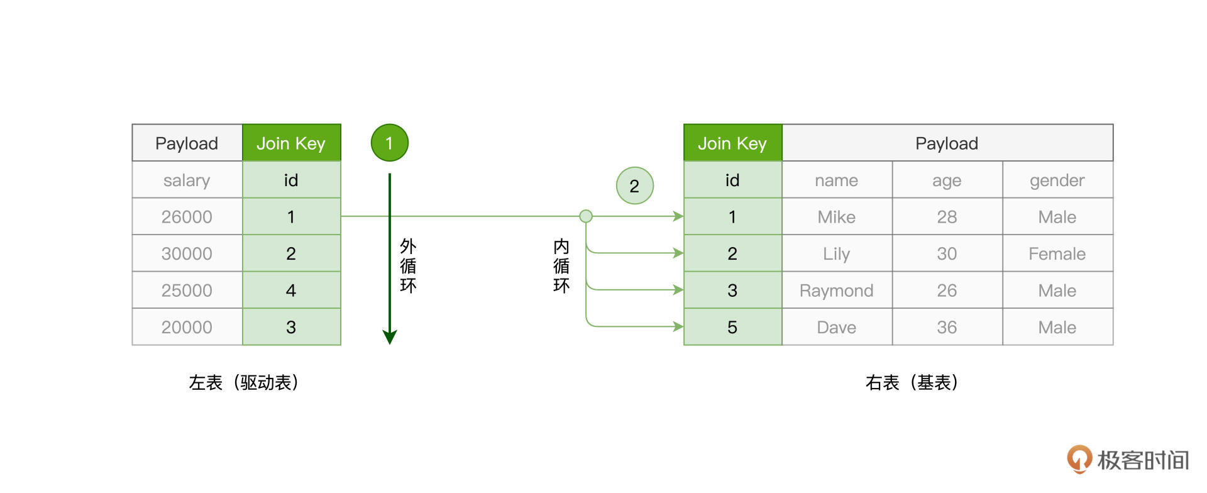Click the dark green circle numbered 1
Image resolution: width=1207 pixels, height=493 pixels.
(x=389, y=143)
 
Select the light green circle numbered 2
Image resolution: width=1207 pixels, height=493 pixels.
(x=634, y=186)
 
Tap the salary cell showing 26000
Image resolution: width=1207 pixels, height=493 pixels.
(x=187, y=217)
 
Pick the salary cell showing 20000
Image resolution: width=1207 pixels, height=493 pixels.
(x=187, y=327)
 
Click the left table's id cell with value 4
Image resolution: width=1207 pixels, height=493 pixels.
(x=291, y=291)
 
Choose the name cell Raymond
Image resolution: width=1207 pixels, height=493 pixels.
(x=836, y=291)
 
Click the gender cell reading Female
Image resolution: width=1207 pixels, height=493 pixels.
(x=1057, y=253)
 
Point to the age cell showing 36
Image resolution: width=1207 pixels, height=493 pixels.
(x=946, y=327)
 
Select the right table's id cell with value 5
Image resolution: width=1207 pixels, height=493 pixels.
(x=732, y=327)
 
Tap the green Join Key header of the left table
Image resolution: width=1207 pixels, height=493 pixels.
(x=291, y=143)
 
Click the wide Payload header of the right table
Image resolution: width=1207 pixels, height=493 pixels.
(x=946, y=143)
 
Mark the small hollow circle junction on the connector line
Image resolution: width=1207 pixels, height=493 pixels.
(x=586, y=216)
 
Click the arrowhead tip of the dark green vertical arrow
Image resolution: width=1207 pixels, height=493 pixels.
(x=390, y=341)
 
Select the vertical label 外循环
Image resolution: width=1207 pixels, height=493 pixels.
(x=408, y=266)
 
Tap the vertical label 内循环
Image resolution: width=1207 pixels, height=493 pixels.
(x=561, y=266)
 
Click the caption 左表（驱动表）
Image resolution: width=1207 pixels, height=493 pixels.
(x=243, y=382)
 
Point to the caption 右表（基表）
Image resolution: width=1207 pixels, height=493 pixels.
(x=912, y=382)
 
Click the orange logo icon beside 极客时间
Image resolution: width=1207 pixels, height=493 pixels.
(x=1079, y=459)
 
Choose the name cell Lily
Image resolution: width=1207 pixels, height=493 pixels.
(x=836, y=253)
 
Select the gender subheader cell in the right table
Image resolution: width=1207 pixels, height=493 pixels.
(x=1057, y=180)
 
